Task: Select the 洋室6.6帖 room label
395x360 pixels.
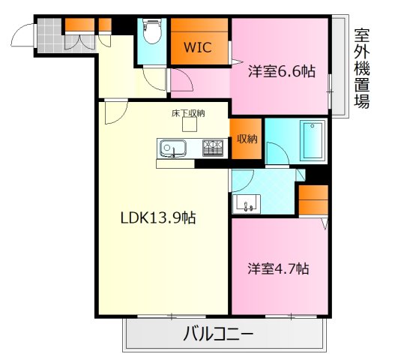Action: (x=281, y=72)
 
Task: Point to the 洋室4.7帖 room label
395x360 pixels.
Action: (x=279, y=268)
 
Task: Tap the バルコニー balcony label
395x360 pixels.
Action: (x=218, y=334)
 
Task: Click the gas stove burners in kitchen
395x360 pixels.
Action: (x=214, y=147)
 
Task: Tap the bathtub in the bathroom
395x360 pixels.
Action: (x=312, y=139)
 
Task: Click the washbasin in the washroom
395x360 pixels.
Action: (x=247, y=202)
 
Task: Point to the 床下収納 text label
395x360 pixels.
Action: (x=187, y=114)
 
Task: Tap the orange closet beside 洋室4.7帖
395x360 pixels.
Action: (x=313, y=200)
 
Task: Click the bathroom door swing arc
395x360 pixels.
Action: (x=277, y=154)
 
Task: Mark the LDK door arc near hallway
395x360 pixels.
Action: (x=115, y=114)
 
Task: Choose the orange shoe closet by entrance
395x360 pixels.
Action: (x=78, y=25)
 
